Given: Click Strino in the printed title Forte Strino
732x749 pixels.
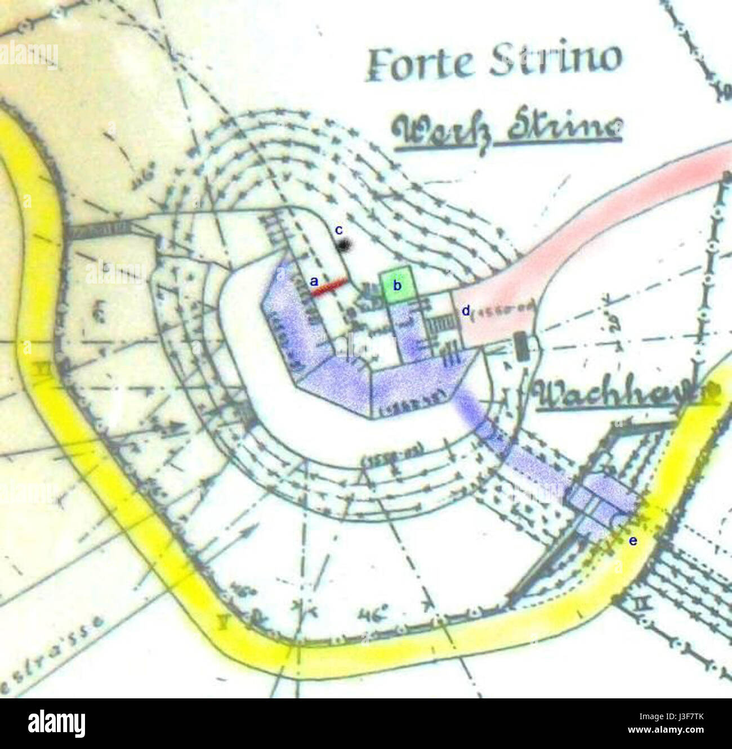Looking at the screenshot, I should tap(555, 59).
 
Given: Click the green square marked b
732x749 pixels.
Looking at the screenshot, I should tap(398, 285).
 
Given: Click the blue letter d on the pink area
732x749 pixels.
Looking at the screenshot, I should tap(466, 311).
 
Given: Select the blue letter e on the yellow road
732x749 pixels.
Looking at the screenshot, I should tap(633, 541).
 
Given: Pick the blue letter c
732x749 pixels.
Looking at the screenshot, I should tap(338, 230).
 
